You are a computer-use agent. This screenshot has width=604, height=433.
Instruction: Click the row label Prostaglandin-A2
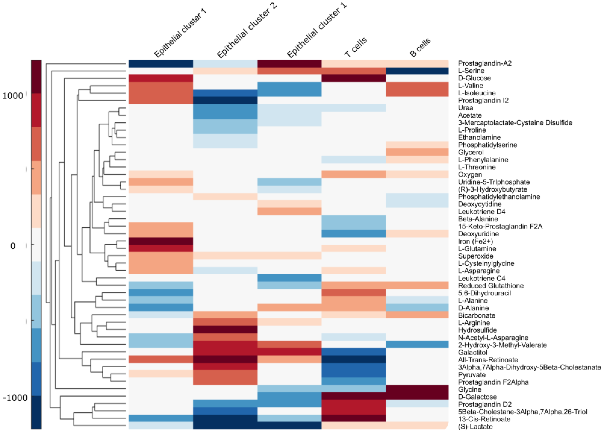[485, 63]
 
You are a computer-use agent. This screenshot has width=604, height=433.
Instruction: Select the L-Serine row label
[471, 71]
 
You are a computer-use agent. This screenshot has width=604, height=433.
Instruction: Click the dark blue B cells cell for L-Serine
[417, 71]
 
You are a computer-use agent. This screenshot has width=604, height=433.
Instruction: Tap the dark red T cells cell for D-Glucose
[354, 78]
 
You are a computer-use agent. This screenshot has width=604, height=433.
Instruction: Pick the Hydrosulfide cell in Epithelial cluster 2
[225, 330]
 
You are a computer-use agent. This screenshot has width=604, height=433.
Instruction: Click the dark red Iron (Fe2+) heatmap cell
[161, 241]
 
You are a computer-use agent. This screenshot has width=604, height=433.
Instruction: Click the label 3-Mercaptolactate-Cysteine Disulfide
[515, 123]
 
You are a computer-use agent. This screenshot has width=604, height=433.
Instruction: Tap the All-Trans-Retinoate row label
[488, 360]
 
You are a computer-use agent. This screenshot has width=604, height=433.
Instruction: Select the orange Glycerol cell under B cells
[417, 152]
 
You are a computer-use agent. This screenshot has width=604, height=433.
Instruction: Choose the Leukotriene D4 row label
[481, 211]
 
